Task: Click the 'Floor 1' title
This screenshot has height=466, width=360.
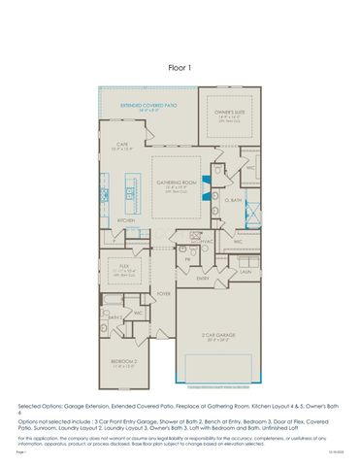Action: tap(180, 68)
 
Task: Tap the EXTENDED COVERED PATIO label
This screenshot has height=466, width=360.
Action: tap(147, 104)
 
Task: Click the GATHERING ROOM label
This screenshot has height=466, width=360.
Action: tap(177, 181)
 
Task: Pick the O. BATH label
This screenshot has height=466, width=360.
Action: tap(234, 201)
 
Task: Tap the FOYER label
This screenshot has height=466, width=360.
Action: tap(163, 292)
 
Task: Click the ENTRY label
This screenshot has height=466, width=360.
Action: tap(203, 279)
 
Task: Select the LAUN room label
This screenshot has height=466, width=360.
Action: tap(245, 273)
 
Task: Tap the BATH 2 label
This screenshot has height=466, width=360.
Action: tap(113, 316)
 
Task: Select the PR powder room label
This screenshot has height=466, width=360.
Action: tap(186, 258)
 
